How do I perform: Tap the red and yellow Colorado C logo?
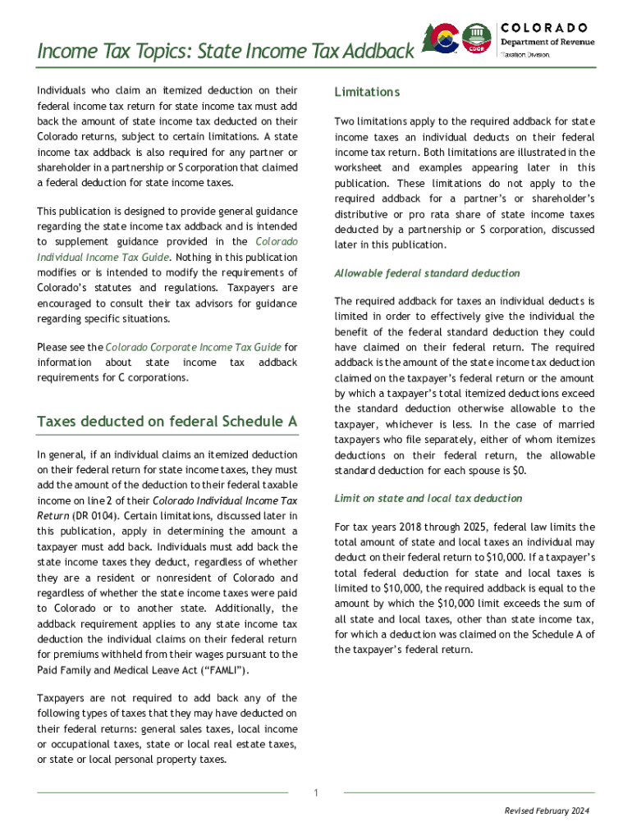coord(446,38)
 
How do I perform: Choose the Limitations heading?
coord(367,92)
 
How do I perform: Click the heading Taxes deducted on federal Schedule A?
coord(167,422)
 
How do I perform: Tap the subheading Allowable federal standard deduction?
coord(427,273)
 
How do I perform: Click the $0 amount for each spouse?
coord(520,471)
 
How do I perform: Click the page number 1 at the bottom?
coord(316,792)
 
